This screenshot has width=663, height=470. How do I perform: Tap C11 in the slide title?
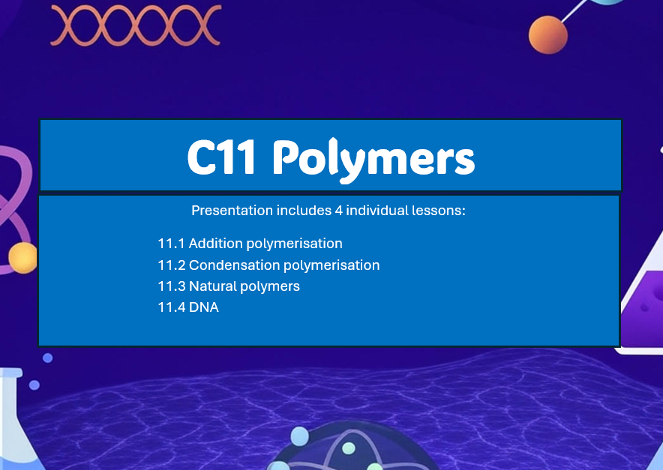223,157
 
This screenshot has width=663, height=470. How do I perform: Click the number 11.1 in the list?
171,244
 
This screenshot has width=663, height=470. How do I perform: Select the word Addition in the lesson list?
216,244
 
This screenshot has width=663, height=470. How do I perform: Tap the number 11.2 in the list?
171,265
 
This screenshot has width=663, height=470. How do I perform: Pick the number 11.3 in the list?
171,286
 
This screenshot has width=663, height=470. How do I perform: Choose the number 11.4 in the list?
171,307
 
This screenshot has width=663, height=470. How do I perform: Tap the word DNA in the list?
204,307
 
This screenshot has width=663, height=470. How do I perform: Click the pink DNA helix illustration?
135,24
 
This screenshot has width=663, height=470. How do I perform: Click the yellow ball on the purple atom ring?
22,258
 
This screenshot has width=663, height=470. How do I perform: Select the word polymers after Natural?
270,286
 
